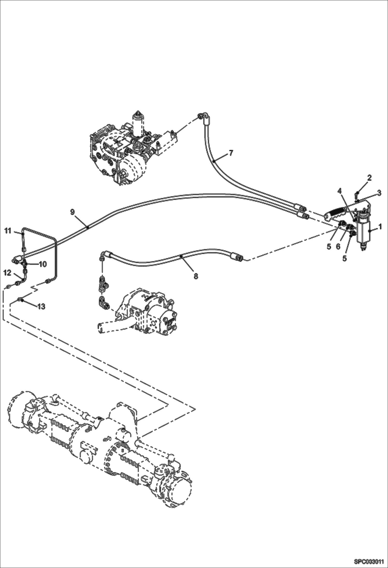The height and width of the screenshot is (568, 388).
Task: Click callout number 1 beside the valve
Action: click(380, 227)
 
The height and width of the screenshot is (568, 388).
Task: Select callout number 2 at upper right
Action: click(369, 178)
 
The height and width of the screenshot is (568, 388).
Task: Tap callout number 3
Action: click(379, 193)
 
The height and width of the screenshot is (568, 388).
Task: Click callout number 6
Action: click(338, 247)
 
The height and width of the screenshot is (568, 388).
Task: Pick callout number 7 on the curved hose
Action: click(231, 153)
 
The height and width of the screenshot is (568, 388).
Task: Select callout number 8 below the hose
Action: click(196, 276)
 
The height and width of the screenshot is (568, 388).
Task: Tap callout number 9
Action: click(72, 212)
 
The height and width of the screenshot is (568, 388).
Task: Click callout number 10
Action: click(42, 264)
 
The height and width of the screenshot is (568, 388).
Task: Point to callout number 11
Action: click(8, 230)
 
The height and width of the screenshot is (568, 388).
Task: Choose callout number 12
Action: click(7, 272)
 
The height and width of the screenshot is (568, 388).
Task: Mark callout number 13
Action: click(41, 307)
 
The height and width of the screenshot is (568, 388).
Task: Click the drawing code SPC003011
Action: click(369, 561)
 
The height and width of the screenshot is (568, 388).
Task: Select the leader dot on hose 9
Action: click(88, 228)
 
